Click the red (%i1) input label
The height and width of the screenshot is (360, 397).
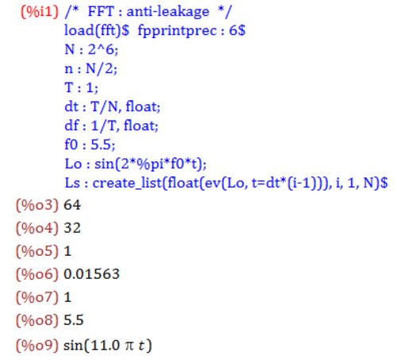point(40,12)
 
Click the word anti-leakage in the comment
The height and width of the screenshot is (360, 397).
point(168,12)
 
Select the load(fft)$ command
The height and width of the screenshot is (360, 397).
point(97,30)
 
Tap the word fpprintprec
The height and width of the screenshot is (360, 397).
point(177,31)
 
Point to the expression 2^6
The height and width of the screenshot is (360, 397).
point(103,49)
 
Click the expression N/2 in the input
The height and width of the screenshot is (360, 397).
point(101,69)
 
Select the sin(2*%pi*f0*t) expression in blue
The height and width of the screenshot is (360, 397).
point(150,164)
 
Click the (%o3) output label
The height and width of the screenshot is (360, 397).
point(37,205)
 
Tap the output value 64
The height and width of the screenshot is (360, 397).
point(72,205)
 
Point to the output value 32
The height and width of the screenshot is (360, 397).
point(72,228)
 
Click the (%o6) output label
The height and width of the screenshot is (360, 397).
point(37,274)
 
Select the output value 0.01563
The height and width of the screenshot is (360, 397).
point(91,274)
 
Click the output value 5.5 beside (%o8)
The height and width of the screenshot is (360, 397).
point(74,320)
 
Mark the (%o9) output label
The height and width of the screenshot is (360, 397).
point(37,346)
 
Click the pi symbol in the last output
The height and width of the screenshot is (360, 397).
point(129,346)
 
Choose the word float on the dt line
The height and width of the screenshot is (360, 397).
point(143,106)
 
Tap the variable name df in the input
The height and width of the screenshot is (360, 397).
point(71,126)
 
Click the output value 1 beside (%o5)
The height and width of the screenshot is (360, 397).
point(67,251)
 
